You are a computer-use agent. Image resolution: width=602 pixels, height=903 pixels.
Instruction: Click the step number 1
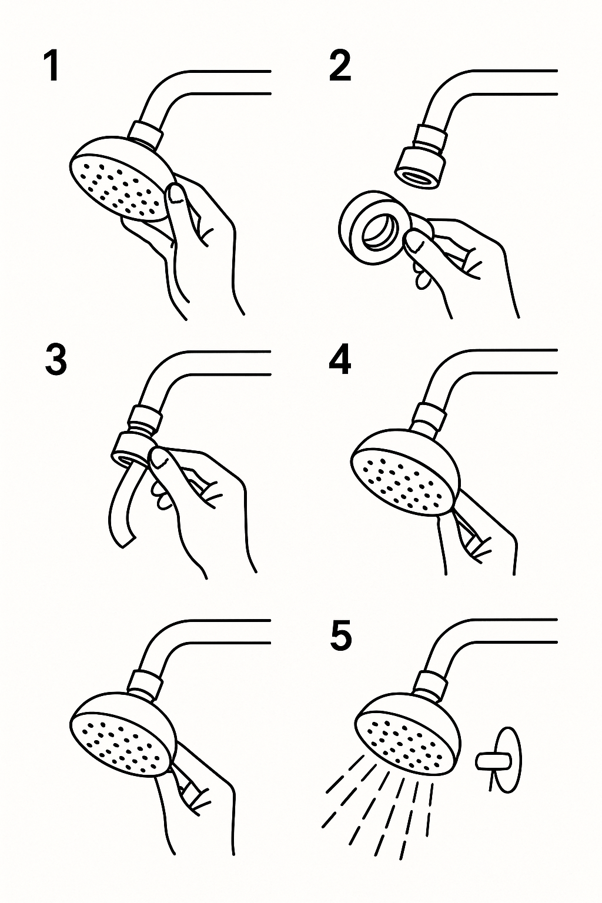pyautogui.click(x=52, y=66)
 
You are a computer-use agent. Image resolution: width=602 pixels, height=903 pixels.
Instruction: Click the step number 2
pyautogui.click(x=340, y=66)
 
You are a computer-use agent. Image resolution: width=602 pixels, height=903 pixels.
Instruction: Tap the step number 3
pyautogui.click(x=55, y=360)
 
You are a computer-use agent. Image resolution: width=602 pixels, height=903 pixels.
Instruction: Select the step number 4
pyautogui.click(x=340, y=360)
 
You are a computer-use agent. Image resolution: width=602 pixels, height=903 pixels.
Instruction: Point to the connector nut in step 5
pyautogui.click(x=432, y=683)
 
